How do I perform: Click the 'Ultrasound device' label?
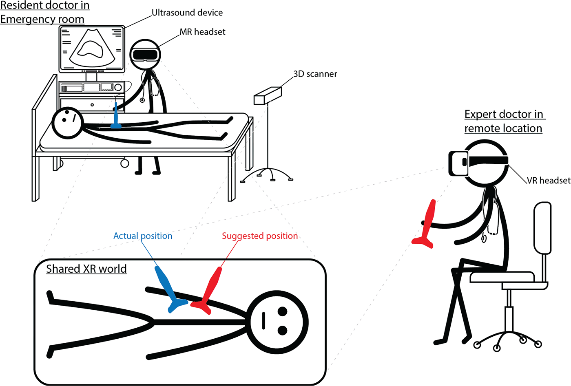coord(187,13)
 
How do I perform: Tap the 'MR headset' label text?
coord(202,32)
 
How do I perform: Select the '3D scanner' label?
coord(315,74)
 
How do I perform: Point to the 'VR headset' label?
coord(549,181)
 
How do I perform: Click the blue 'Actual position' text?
coord(143,236)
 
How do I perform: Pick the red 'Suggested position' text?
coord(260,236)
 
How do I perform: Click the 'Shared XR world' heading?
coord(86,269)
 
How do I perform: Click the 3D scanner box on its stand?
coord(268,95)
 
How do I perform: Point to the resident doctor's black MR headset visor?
coord(145,54)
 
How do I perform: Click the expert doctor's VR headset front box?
coord(458,163)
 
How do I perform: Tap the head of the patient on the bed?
coord(68,123)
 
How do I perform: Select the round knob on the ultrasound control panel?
coord(118,87)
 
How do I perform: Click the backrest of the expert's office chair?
coord(542,228)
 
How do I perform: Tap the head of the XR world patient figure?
coord(277,322)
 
